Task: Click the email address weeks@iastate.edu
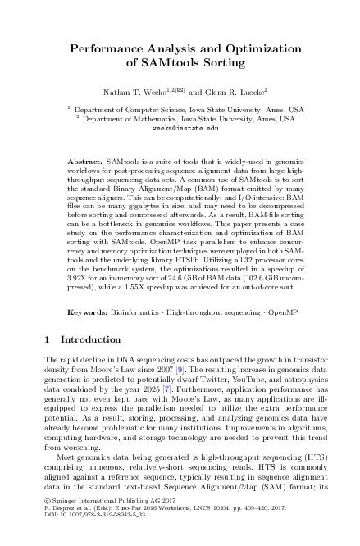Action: [180, 129]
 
